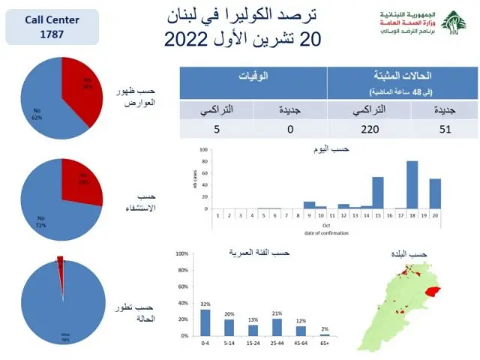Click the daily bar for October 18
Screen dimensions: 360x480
click(412, 184)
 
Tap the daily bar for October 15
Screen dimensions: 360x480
click(378, 193)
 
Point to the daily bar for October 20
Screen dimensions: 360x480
click(435, 193)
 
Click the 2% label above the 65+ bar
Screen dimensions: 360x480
click(325, 329)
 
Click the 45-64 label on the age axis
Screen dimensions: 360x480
click(301, 343)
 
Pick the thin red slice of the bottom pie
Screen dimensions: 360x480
click(60, 265)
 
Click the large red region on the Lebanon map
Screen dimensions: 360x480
click(431, 290)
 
